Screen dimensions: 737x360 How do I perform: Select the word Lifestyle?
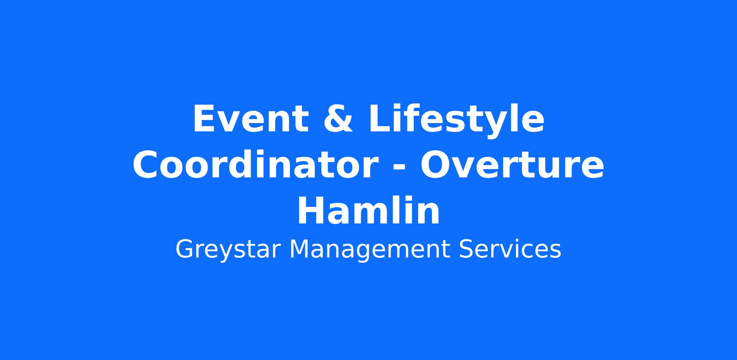point(456,121)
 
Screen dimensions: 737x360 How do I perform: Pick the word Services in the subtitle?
point(510,249)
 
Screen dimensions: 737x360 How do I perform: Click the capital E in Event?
point(204,119)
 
